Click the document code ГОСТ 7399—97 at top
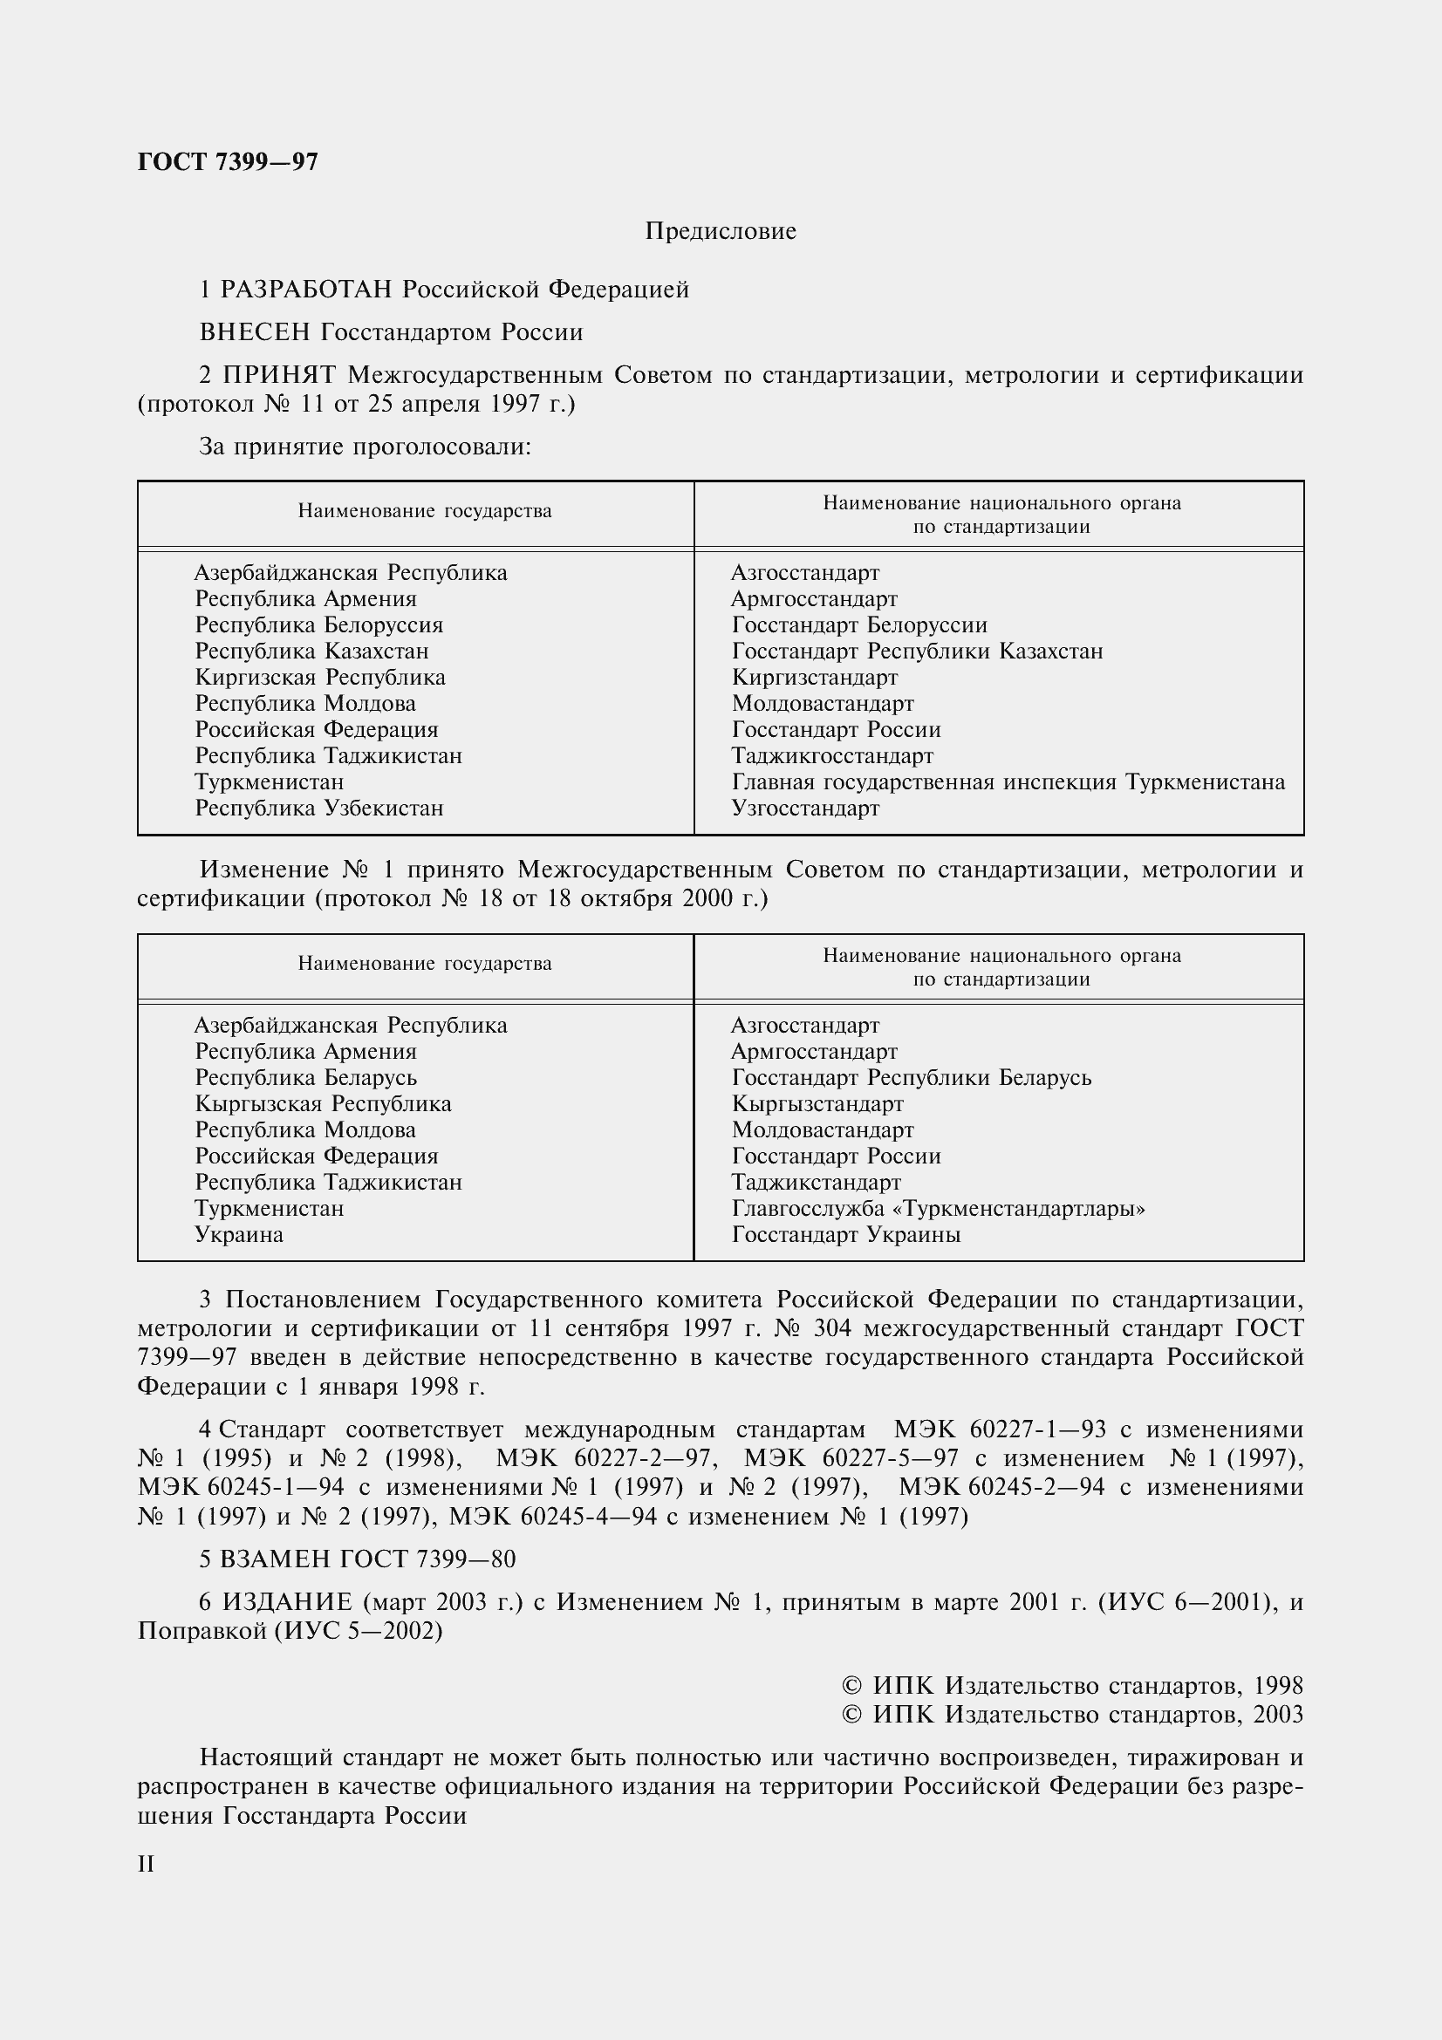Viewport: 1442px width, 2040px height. pos(228,161)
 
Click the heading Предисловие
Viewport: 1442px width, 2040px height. pos(720,231)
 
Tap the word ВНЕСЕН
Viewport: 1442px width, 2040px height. pos(255,332)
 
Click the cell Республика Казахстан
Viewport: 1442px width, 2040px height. pos(311,652)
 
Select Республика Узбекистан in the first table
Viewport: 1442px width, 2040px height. pos(319,808)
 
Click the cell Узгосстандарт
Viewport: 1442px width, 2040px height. pos(805,808)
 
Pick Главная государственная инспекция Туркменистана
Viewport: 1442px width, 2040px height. pos(1008,781)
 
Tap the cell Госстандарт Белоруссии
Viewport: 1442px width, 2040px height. pos(859,625)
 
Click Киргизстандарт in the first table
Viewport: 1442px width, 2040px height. pos(814,678)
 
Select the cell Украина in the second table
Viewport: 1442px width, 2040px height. pos(239,1235)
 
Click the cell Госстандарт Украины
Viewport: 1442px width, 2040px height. pos(846,1235)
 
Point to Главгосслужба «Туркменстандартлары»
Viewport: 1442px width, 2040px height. pos(939,1208)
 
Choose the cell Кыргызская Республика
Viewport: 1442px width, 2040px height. pos(324,1104)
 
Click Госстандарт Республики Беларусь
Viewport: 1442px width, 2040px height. pos(912,1078)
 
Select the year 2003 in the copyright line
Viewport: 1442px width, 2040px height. pos(1278,1714)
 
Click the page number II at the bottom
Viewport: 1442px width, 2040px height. pos(147,1864)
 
